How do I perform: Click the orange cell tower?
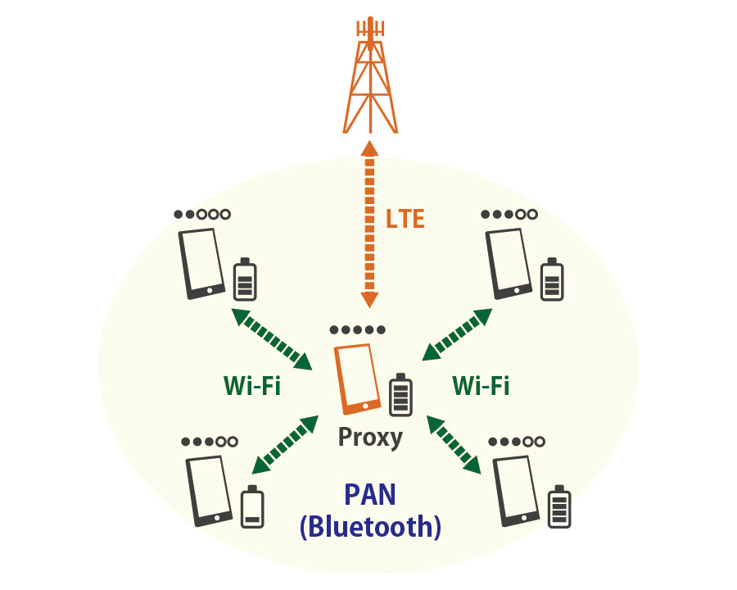(370, 78)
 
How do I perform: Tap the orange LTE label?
(405, 219)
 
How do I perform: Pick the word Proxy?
(370, 437)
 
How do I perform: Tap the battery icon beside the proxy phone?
(400, 394)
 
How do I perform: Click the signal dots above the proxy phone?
(357, 330)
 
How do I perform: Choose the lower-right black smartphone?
(516, 490)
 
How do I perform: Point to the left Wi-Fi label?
(252, 385)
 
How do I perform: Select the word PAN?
(370, 494)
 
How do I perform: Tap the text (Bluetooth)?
(370, 526)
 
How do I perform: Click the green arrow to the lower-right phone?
(454, 443)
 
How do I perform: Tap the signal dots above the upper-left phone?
(201, 215)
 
